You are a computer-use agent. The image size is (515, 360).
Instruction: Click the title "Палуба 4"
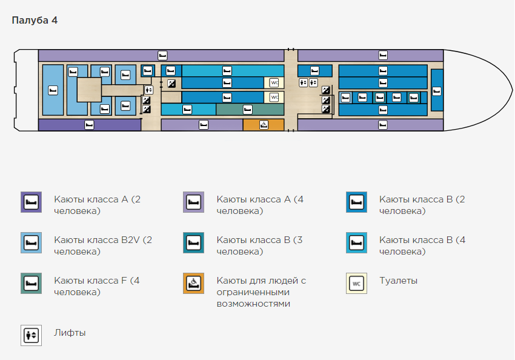click(35, 21)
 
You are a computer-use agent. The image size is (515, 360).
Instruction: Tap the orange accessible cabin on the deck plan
click(264, 125)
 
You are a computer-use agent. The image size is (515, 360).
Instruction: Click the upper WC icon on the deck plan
click(274, 82)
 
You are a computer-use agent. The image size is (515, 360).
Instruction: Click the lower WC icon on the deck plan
click(274, 97)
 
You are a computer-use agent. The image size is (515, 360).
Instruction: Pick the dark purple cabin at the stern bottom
click(89, 125)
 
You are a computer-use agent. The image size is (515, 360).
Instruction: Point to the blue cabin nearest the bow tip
click(437, 91)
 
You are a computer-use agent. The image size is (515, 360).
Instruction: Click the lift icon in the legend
click(31, 336)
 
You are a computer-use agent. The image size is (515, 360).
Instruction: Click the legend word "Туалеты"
click(398, 281)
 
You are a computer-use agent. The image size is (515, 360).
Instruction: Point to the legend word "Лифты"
click(70, 333)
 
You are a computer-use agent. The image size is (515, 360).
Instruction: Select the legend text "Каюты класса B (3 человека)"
click(259, 245)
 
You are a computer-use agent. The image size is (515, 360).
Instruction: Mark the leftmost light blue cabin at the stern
click(53, 90)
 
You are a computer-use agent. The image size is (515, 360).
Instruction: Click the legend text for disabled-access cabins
click(261, 292)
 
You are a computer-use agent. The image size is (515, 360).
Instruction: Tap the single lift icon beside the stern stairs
click(149, 89)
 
